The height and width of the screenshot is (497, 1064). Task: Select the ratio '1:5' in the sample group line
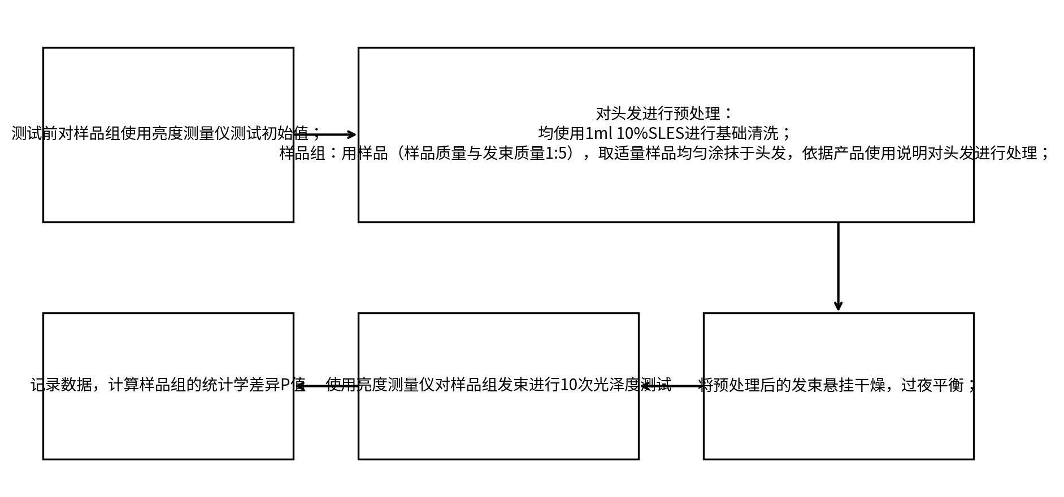click(x=555, y=153)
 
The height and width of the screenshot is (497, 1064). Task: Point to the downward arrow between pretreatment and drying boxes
click(x=838, y=267)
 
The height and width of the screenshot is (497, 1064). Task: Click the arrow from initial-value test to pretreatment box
click(x=326, y=134)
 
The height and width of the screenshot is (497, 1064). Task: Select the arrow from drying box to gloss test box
click(x=671, y=386)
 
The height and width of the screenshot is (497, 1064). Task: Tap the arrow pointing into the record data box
click(x=326, y=386)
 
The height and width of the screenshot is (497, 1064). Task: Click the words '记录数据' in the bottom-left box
click(x=62, y=385)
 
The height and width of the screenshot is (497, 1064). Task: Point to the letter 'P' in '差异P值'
click(x=285, y=385)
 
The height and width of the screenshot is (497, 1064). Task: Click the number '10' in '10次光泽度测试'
click(x=568, y=385)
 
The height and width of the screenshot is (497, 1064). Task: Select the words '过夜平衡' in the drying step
click(x=932, y=385)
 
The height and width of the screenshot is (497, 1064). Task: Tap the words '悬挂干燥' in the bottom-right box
click(x=854, y=385)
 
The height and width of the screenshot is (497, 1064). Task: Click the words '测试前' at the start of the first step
click(x=34, y=133)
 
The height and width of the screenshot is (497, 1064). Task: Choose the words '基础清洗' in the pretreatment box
click(x=747, y=133)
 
